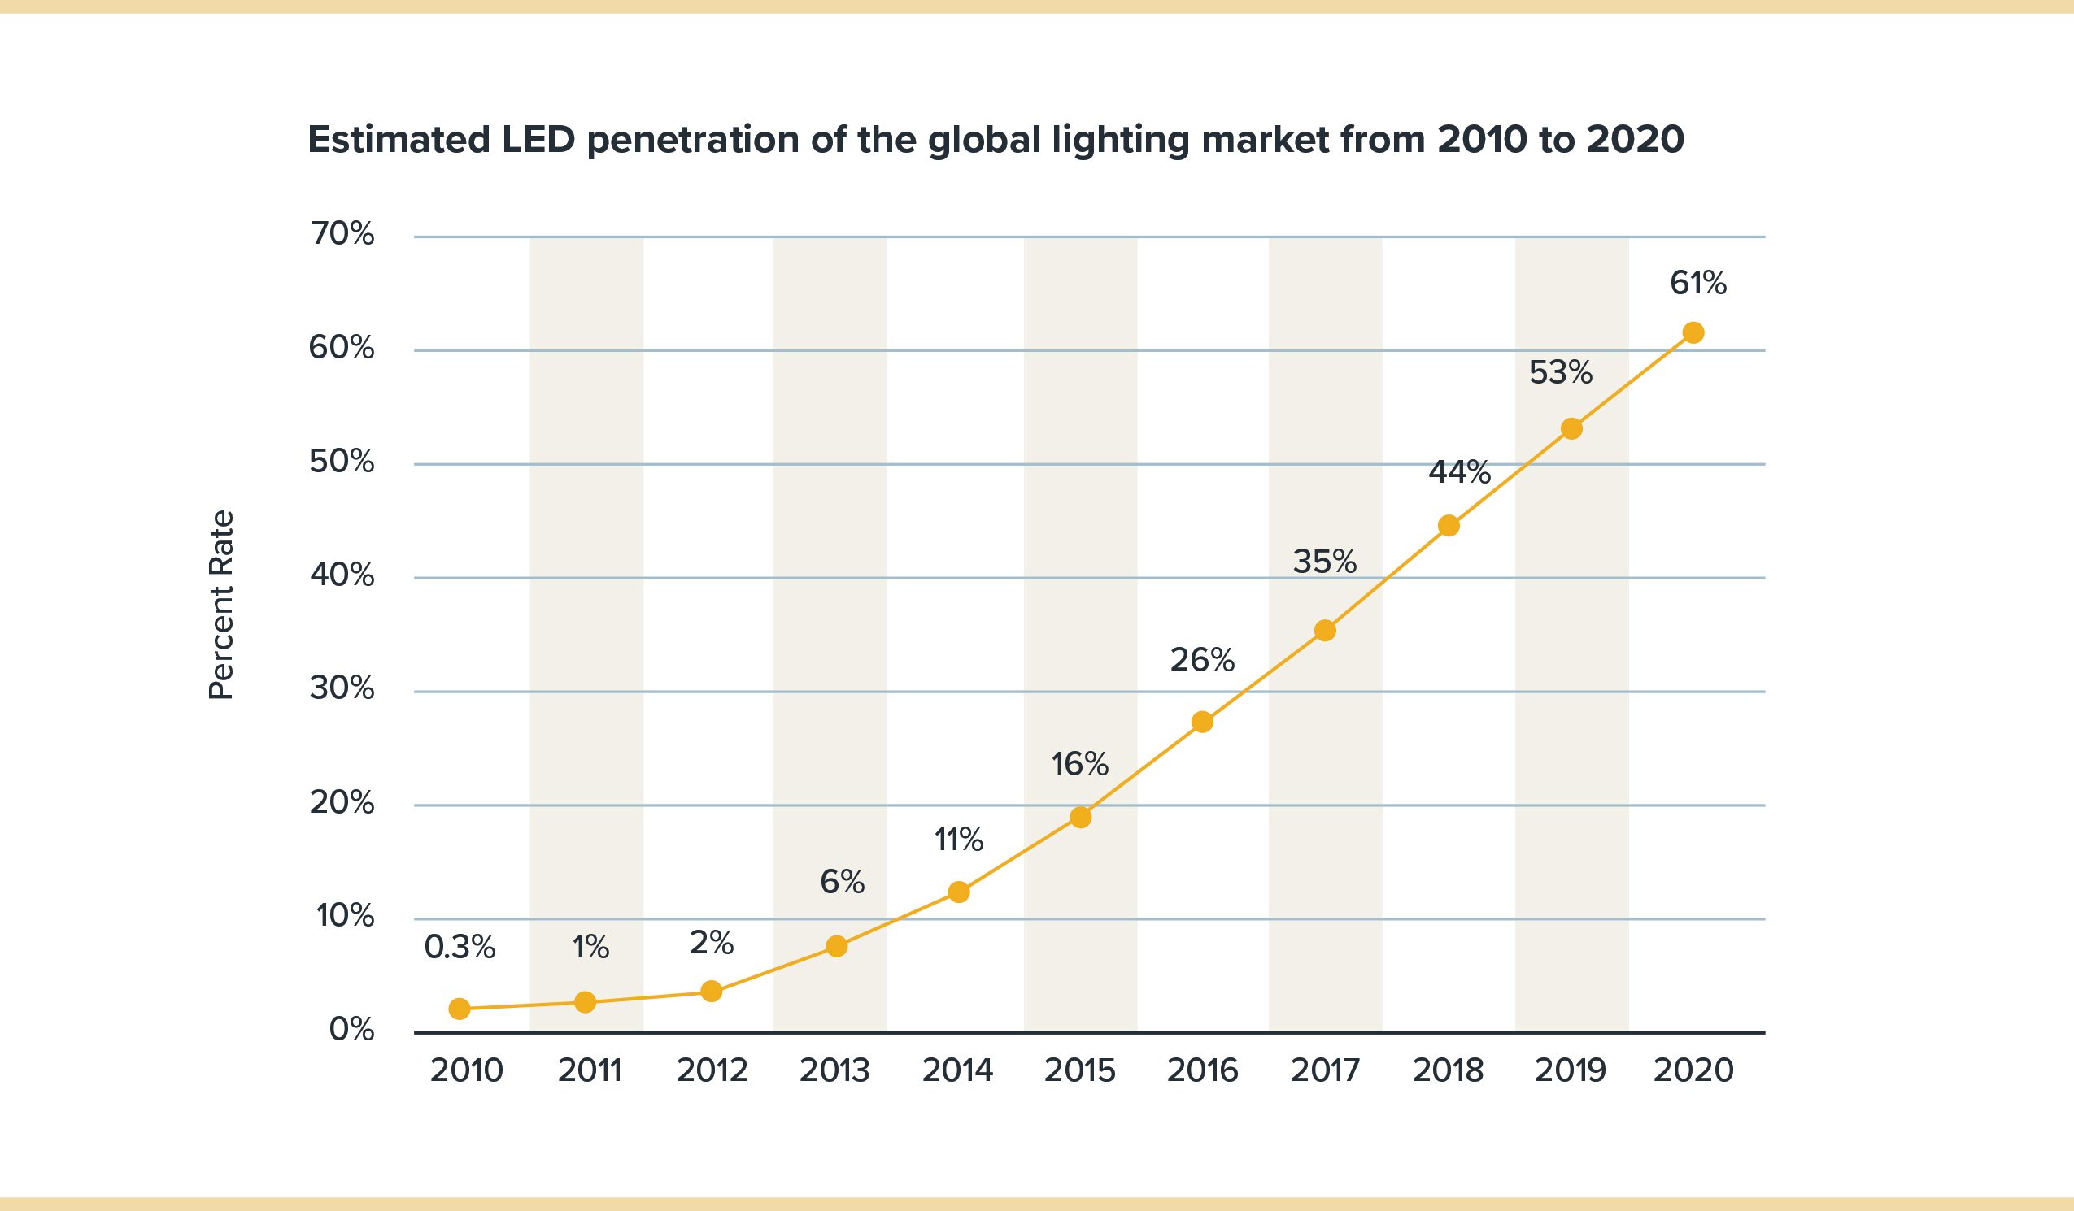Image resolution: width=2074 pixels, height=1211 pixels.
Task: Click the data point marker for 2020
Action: pos(1693,332)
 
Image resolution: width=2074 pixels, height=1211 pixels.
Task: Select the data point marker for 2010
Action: pos(460,1009)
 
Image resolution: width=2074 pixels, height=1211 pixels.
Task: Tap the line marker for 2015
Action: pos(1081,817)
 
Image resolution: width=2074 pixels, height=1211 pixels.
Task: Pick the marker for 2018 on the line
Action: pos(1449,526)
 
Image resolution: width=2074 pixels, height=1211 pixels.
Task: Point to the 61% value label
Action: pos(1698,284)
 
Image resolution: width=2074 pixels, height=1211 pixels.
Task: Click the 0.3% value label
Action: pos(460,948)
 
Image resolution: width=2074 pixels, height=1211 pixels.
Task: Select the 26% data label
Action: pos(1202,660)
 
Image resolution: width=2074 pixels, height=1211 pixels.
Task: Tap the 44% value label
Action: pos(1459,472)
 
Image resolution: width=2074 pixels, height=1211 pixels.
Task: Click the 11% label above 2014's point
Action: pos(958,840)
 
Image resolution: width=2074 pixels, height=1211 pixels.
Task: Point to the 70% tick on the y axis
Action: pos(342,234)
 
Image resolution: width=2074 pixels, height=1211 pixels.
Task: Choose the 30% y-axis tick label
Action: pos(342,688)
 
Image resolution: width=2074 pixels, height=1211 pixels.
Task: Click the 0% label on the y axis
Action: pos(351,1030)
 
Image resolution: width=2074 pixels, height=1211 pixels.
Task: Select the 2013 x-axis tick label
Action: pos(834,1070)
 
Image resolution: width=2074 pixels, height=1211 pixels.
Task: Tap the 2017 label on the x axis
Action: pos(1325,1070)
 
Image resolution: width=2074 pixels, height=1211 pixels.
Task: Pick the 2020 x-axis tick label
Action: pos(1693,1070)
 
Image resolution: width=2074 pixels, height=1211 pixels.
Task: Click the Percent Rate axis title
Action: pos(221,605)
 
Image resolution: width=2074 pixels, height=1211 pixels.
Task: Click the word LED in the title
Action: pos(538,140)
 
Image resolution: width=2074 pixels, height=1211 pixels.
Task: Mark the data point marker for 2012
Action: pos(711,992)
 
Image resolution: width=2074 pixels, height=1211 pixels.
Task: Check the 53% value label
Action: pos(1561,374)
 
